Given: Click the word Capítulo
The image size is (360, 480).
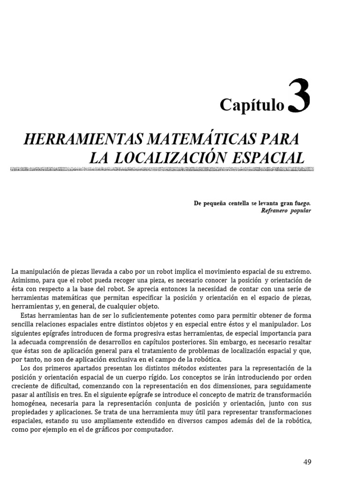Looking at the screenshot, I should point(252,106).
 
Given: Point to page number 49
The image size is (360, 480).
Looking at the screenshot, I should point(307,462).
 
